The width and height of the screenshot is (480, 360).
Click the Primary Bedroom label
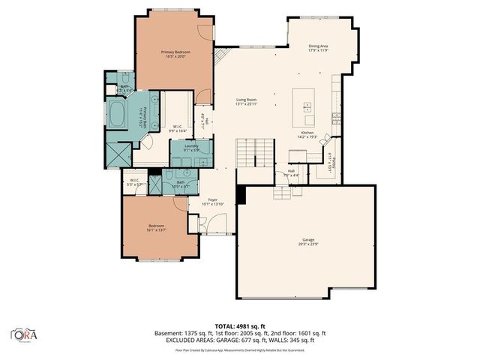pos(175,53)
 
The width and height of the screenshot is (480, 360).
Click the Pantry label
pos(330,161)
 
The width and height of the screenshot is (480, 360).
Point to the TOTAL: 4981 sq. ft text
pos(239,325)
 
